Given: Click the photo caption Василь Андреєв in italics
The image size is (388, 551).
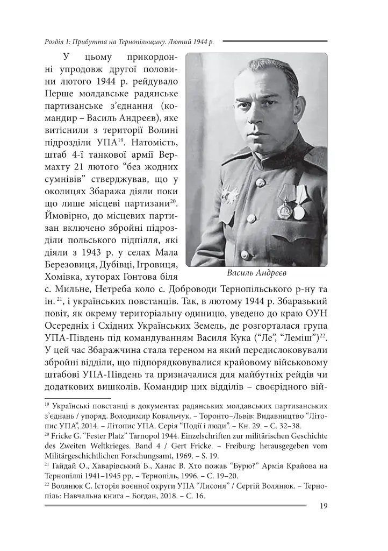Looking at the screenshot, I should tap(257, 273).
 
